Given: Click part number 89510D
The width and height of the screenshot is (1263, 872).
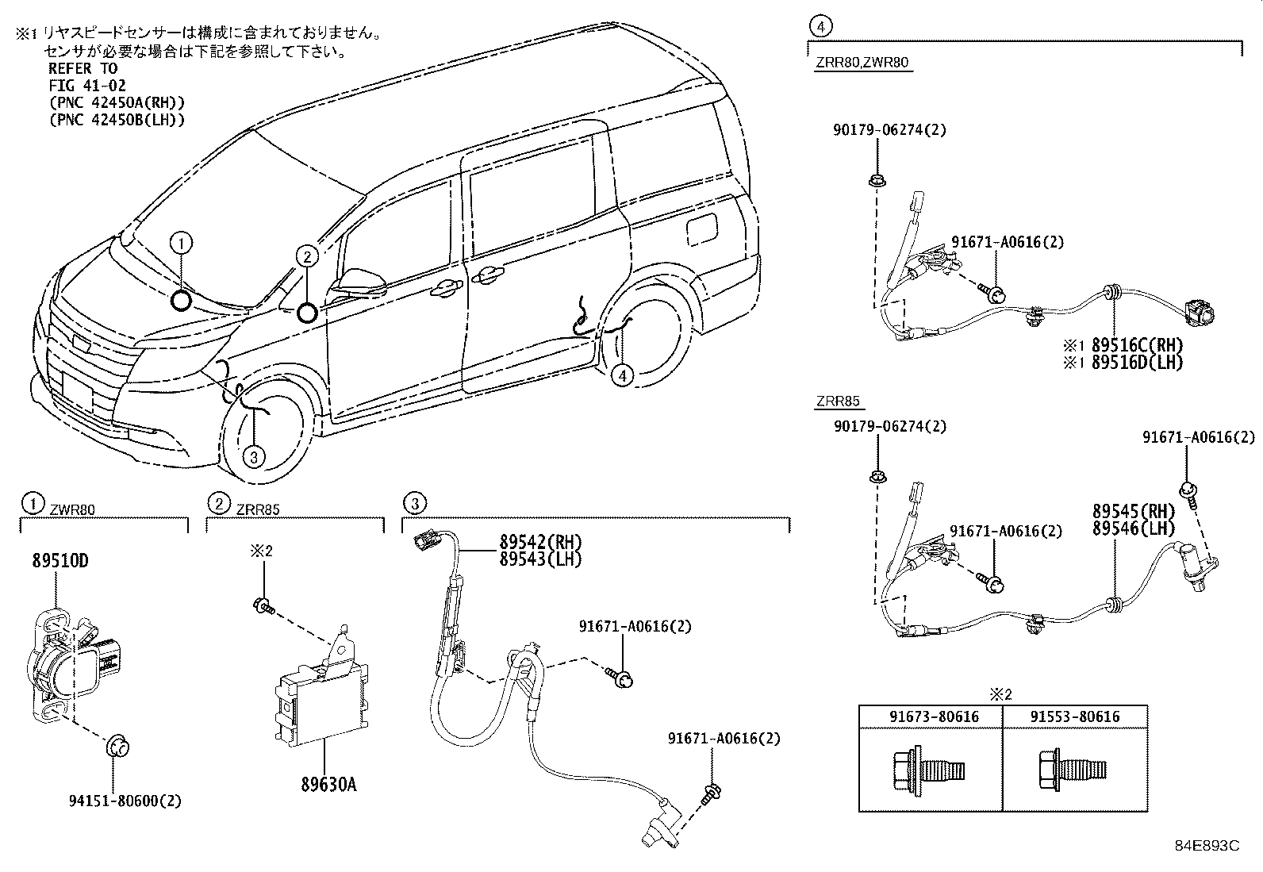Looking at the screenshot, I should coord(60,561).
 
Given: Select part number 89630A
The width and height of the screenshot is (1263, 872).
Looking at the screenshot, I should coord(328,784).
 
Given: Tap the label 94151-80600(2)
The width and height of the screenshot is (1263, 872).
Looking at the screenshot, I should coord(125,801).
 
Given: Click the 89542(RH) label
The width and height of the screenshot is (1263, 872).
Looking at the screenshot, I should coord(540,542).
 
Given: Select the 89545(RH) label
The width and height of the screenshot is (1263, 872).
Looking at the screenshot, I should coord(1133,512).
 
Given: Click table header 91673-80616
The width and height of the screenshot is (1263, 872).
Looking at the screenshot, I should coord(933,716).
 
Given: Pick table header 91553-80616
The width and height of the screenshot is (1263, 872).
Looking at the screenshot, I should coord(1075,716).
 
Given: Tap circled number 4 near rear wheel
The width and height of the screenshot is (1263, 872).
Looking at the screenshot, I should coord(623,375).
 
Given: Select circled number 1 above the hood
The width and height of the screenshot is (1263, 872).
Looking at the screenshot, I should coord(182,241).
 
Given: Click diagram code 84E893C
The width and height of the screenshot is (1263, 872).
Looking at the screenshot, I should coord(1207,845).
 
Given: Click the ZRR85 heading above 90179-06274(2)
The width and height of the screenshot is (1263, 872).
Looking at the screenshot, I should coord(837,402).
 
